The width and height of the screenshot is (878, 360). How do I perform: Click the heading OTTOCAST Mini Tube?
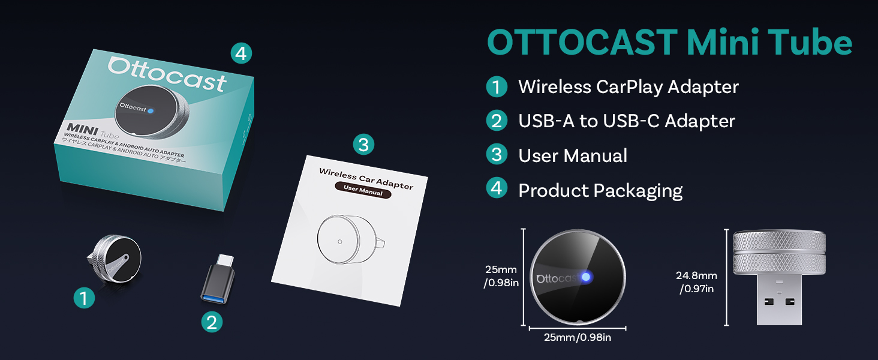tap(669, 43)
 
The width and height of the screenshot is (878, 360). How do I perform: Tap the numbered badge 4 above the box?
tap(241, 53)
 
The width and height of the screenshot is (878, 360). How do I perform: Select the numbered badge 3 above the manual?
tap(363, 145)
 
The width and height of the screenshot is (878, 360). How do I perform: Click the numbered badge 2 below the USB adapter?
tap(212, 322)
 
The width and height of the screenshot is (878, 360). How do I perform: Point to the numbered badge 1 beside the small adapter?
tap(85, 298)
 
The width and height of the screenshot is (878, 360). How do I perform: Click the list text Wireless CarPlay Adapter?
tap(629, 86)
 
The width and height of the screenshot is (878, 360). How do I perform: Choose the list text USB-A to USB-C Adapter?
tap(626, 121)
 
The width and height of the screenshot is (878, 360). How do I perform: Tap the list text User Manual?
tap(573, 155)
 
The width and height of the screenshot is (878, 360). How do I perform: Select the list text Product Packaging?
tap(600, 191)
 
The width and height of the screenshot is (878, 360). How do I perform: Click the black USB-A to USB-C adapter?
tap(218, 279)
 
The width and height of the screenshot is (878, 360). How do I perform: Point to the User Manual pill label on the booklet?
tap(363, 190)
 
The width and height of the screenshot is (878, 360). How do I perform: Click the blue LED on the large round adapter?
tap(586, 277)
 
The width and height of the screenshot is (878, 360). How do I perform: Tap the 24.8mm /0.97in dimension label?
tap(696, 282)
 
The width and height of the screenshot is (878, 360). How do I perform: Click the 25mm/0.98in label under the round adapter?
tap(578, 337)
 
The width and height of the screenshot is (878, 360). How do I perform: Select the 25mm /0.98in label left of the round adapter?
tap(501, 276)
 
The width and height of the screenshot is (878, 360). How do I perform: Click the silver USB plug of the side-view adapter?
tap(779, 299)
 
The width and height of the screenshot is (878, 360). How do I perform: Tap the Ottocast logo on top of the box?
tap(167, 75)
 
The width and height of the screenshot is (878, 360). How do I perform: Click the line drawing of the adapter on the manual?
tap(351, 239)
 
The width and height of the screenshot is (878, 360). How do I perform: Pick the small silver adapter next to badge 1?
tap(115, 259)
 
